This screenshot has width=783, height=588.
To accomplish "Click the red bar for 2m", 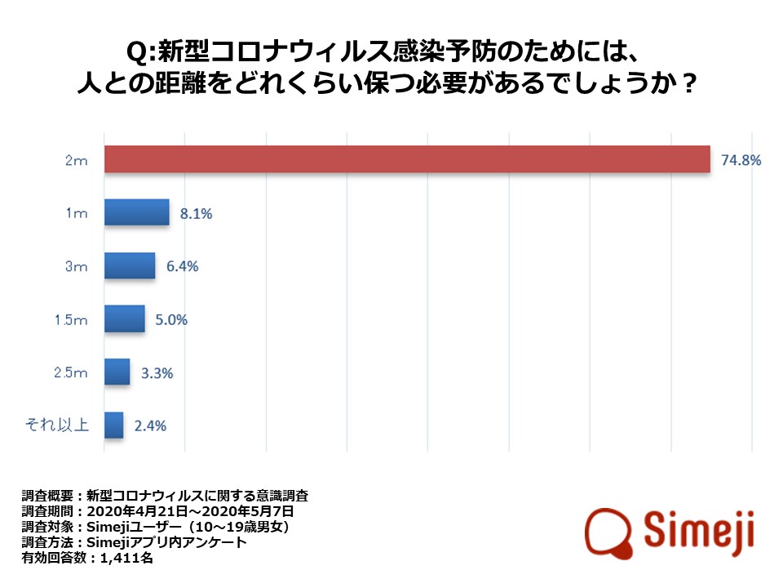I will [x=407, y=160].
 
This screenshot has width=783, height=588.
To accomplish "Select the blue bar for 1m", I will [x=136, y=213].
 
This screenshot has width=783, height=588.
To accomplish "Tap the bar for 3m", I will [x=129, y=266].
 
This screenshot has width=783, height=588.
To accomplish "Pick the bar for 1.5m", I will [x=124, y=319].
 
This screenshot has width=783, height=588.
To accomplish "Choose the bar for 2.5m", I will [x=117, y=372].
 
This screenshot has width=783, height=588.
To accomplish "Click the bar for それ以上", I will [x=113, y=425].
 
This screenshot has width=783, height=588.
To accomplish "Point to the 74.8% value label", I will [x=741, y=160].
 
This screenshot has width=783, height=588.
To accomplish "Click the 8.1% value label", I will [x=195, y=214].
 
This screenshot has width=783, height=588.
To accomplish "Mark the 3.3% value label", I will [x=156, y=373].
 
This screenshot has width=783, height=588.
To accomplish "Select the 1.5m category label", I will [x=71, y=320].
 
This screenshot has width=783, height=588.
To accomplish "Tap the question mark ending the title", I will [x=687, y=84].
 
